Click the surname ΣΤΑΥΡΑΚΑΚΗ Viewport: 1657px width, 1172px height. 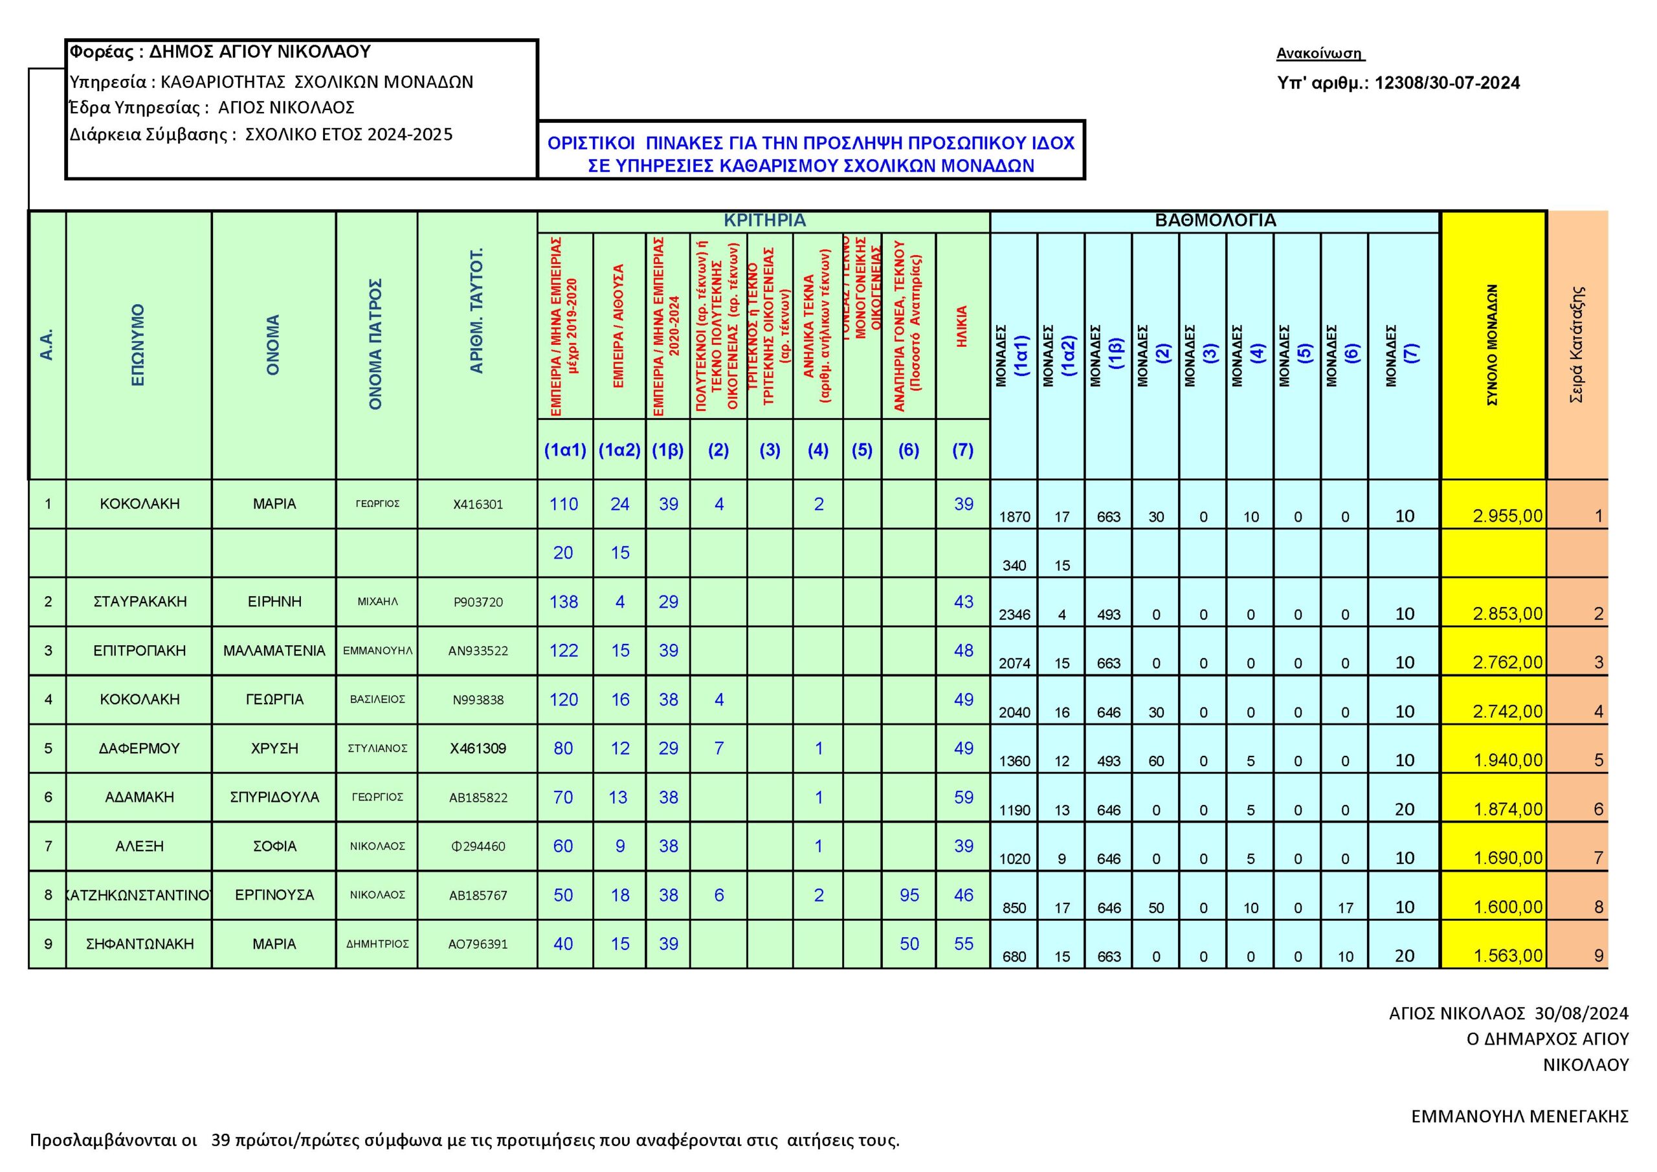(x=139, y=602)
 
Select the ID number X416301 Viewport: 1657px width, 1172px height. (x=478, y=504)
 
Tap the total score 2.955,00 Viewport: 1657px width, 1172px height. (x=1507, y=516)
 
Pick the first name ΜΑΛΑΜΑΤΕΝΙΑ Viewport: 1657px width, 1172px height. (x=274, y=651)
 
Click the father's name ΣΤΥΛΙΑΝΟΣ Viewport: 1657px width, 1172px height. (x=377, y=748)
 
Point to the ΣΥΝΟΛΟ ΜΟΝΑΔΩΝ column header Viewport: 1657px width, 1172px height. (x=1493, y=344)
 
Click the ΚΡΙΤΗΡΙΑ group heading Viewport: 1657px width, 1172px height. (x=764, y=221)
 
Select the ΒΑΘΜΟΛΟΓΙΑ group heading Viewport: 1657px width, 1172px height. (x=1216, y=221)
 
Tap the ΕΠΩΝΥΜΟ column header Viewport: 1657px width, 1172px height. (x=138, y=344)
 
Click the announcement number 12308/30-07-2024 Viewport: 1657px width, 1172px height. (x=1447, y=83)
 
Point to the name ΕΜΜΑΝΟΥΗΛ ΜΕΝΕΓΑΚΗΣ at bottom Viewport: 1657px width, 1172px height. (x=1520, y=1116)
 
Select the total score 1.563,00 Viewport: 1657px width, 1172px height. (x=1507, y=956)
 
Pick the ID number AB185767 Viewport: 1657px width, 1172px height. (x=478, y=896)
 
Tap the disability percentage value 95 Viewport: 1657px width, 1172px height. (x=909, y=896)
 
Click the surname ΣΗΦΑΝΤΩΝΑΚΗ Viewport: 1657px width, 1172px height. (x=139, y=944)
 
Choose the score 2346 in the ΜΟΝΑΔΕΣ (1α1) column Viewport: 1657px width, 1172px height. (x=1014, y=615)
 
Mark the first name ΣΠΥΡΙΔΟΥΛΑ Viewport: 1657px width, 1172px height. (x=274, y=797)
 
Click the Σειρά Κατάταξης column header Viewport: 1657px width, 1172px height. (x=1577, y=344)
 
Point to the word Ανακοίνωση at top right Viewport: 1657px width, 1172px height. (x=1319, y=54)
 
